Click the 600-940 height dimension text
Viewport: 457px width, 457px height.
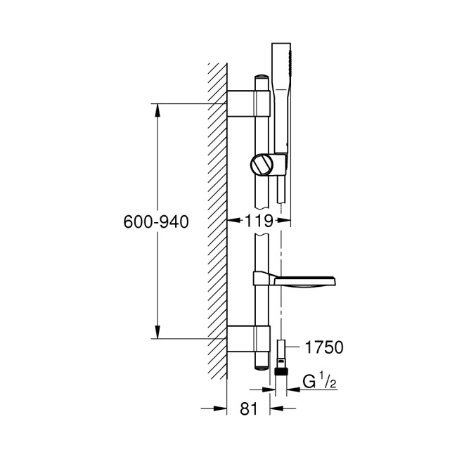point(156,221)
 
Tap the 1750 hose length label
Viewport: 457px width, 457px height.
point(323,347)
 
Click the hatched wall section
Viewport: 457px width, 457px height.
point(217,211)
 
